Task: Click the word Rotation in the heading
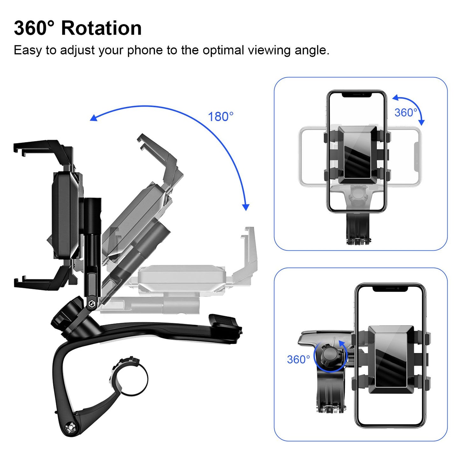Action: pyautogui.click(x=101, y=28)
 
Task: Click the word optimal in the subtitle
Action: pyautogui.click(x=223, y=50)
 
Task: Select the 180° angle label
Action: pyautogui.click(x=221, y=117)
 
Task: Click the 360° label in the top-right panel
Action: pyautogui.click(x=406, y=113)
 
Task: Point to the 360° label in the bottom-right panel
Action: pyautogui.click(x=298, y=359)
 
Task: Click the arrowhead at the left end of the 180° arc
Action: pyautogui.click(x=93, y=118)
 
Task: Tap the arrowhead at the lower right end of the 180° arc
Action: pyautogui.click(x=245, y=207)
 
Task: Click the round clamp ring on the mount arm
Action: pyautogui.click(x=131, y=377)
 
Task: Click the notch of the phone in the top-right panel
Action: pyautogui.click(x=357, y=95)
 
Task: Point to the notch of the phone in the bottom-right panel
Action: pyautogui.click(x=390, y=288)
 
